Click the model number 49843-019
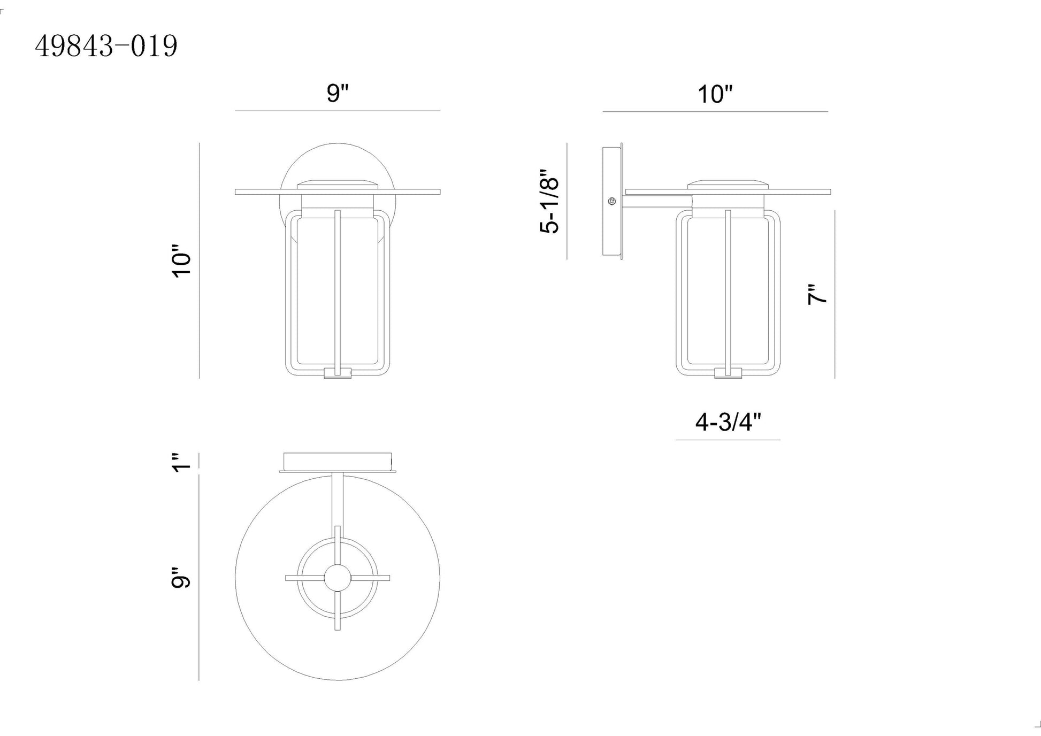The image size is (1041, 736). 106,47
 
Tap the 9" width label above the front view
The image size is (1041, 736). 338,93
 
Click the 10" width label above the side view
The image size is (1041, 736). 715,95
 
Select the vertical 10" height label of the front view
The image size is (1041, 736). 182,261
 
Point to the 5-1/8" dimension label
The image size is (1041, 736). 549,202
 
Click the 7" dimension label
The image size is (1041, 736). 817,295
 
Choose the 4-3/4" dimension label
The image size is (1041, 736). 728,423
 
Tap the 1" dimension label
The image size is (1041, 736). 182,462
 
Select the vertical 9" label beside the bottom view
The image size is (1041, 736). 182,578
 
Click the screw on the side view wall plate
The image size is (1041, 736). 612,201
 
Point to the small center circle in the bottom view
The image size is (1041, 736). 338,578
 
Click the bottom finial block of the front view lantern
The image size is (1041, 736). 338,373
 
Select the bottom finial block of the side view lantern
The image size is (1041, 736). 728,373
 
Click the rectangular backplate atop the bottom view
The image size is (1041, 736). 338,461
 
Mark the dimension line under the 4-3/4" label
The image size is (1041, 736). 728,440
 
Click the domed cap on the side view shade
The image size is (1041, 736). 728,184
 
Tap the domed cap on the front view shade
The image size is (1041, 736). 338,184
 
